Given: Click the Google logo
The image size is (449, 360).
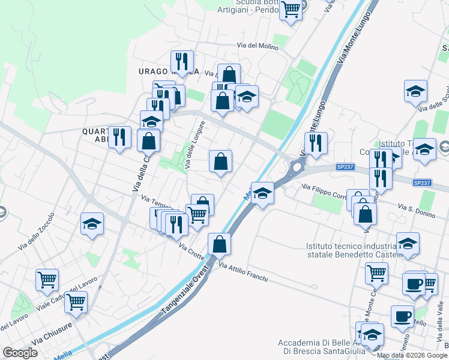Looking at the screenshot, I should click(20, 352).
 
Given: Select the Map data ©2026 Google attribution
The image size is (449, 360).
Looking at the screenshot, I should click(412, 355).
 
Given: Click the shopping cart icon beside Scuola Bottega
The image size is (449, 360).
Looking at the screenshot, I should click(291, 10).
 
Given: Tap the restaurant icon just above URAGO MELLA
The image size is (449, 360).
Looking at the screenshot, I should click(182, 61).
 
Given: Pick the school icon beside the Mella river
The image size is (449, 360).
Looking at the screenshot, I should click(262, 193).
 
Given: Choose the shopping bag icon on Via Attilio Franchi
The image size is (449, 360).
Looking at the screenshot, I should click(220, 244).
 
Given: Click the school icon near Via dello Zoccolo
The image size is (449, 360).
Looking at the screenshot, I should click(92, 224).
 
